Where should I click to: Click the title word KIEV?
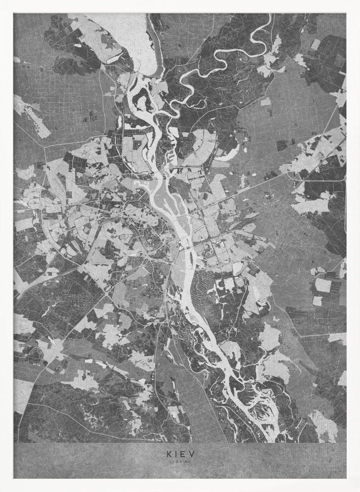pyautogui.click(x=180, y=455)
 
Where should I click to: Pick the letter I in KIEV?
pyautogui.click(x=175, y=455)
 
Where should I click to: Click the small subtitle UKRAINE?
pyautogui.click(x=180, y=462)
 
